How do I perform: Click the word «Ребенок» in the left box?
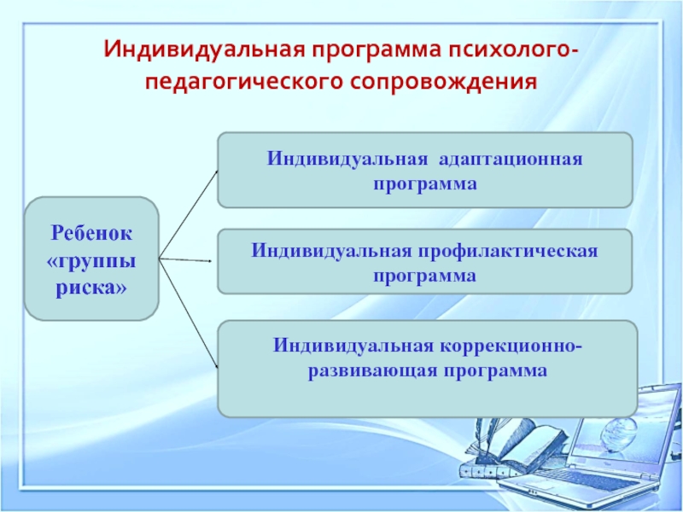click(91, 232)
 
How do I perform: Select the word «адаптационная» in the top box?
click(510, 160)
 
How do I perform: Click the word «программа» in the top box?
click(424, 183)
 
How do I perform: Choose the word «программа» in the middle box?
click(424, 276)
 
